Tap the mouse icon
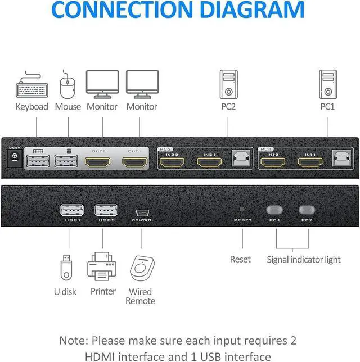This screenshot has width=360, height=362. point(67,84)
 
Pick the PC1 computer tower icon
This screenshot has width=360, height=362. point(328,84)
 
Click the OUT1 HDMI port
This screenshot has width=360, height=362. point(134,162)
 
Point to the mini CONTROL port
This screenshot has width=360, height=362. point(142,212)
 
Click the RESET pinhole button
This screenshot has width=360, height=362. point(243,209)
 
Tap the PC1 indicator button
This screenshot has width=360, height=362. point(275,210)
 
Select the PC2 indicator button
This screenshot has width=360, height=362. point(307,210)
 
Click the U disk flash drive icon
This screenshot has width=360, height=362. point(65,268)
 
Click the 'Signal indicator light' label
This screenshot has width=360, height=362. point(304,259)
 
